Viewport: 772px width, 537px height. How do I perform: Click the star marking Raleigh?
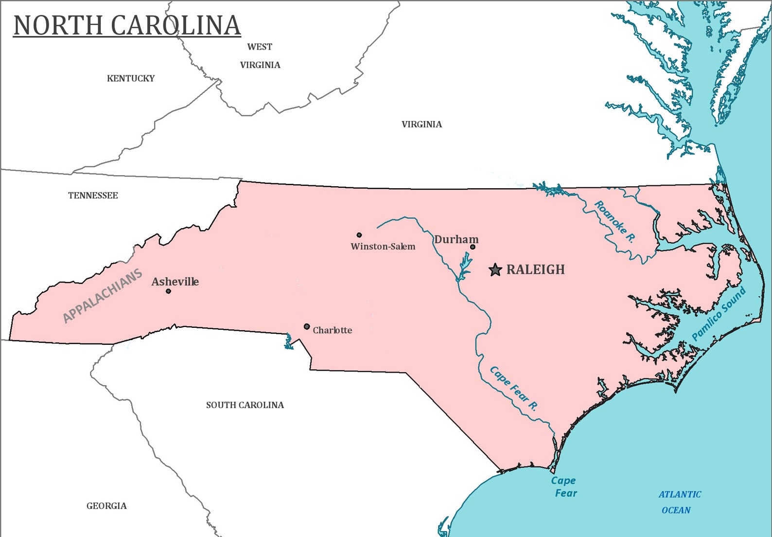(495, 269)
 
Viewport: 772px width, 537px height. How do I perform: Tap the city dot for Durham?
(473, 247)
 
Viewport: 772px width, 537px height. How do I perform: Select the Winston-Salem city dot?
(359, 235)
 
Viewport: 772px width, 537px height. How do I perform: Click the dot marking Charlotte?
(307, 326)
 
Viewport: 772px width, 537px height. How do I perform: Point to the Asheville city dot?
(168, 291)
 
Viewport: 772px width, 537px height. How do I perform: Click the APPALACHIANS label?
(103, 296)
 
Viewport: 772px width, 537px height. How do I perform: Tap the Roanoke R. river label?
(614, 222)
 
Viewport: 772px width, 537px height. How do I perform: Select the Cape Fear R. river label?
(513, 389)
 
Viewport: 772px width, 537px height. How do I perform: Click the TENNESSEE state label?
(93, 196)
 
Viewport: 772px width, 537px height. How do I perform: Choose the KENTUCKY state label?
(131, 78)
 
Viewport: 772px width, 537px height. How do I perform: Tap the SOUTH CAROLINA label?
(245, 405)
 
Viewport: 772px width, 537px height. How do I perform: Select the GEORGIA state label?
(106, 506)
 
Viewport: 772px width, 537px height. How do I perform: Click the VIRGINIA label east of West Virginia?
(421, 125)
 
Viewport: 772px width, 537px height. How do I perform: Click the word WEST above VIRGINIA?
(260, 47)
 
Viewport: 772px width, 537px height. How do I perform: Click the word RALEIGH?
(535, 269)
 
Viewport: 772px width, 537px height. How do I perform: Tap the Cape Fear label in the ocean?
(564, 486)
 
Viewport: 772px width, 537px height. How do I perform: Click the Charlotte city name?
(332, 330)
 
